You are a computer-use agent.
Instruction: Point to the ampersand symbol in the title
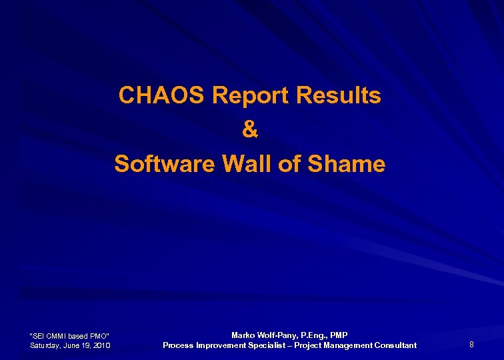click(250, 130)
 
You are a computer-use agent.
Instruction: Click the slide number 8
click(471, 345)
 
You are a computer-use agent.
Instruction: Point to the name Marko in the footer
click(244, 335)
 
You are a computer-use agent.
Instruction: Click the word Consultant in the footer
click(395, 345)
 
